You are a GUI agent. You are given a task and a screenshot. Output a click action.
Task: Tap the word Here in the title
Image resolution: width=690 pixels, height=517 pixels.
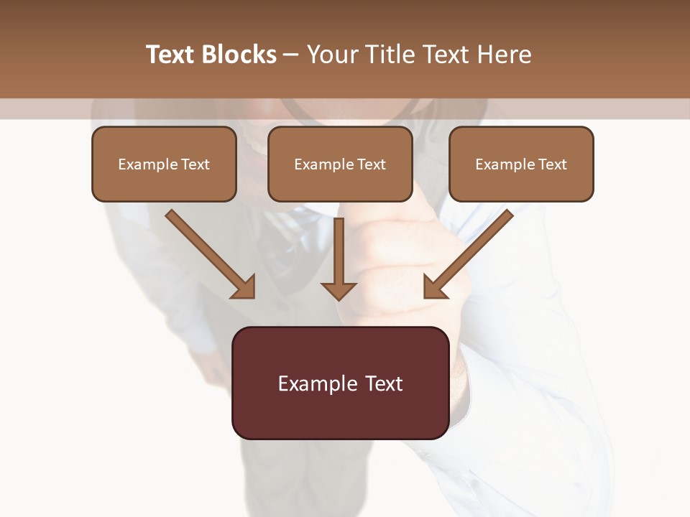504,55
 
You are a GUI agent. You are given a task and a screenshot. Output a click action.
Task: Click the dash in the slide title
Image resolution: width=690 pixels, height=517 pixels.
291,55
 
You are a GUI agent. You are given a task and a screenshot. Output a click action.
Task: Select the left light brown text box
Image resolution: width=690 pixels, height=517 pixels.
164,164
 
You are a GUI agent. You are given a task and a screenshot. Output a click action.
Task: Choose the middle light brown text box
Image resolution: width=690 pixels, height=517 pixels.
340,164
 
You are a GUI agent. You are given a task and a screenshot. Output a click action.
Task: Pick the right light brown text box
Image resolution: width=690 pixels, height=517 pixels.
521,164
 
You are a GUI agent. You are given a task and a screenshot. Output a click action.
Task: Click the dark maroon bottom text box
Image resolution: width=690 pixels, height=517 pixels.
341,383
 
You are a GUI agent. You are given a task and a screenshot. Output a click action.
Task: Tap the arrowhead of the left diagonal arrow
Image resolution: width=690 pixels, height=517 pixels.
244,287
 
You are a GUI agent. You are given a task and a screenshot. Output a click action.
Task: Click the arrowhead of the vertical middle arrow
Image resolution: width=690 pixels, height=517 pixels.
339,291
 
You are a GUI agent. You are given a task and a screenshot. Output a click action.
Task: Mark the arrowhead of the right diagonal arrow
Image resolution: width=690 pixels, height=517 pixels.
435,287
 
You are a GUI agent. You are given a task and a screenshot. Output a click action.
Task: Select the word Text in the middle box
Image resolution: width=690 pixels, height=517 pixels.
372,164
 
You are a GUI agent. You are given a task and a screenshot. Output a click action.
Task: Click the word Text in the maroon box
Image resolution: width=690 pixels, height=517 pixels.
385,383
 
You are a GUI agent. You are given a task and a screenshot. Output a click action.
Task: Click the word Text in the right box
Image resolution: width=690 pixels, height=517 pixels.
553,164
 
